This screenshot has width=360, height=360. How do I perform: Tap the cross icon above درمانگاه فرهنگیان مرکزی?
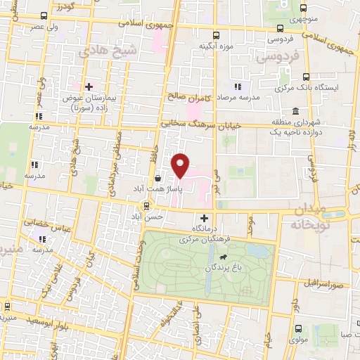[205, 219]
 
